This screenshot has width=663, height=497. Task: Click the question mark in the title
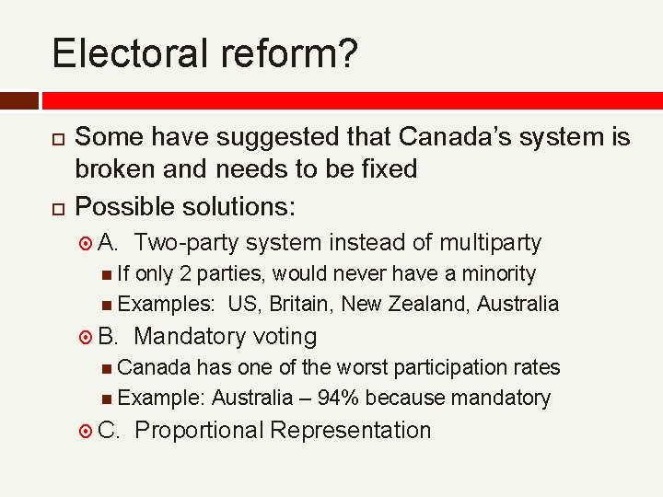pyautogui.click(x=346, y=53)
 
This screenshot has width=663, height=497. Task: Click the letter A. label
pyautogui.click(x=109, y=243)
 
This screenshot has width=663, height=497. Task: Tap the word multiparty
pyautogui.click(x=490, y=243)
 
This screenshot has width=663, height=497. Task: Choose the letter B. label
pyautogui.click(x=109, y=336)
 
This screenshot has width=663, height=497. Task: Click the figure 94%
pyautogui.click(x=336, y=398)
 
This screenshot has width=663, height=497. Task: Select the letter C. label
pyautogui.click(x=109, y=430)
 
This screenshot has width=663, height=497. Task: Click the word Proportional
pyautogui.click(x=199, y=430)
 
